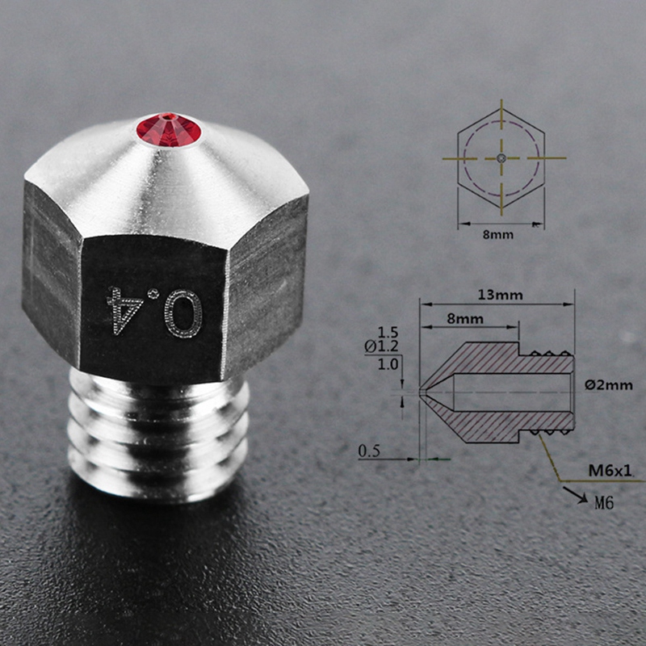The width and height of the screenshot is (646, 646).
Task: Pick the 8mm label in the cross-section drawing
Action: click(x=466, y=319)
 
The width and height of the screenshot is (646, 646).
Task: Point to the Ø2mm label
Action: click(x=610, y=385)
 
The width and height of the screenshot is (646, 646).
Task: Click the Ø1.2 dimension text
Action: click(x=382, y=346)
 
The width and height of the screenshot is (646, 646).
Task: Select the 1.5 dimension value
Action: click(x=388, y=332)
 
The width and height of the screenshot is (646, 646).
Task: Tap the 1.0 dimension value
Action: click(x=387, y=363)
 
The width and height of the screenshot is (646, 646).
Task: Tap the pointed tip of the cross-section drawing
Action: click(x=422, y=392)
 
